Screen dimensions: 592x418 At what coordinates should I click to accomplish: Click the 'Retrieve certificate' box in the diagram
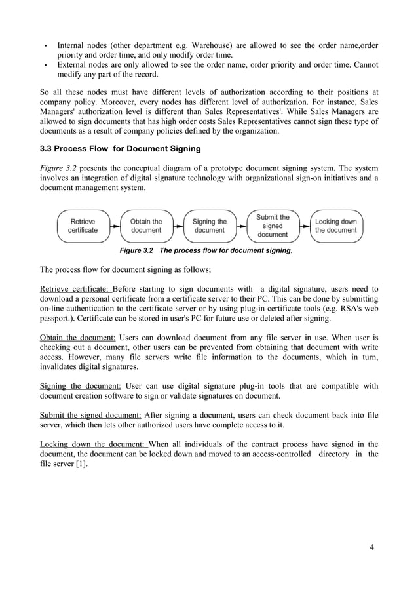coord(83,226)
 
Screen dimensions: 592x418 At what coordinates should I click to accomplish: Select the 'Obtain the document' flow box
coord(145,226)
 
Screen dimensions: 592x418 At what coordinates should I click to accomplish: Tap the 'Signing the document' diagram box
coord(209,226)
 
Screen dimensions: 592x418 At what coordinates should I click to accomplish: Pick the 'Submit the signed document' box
coord(273,226)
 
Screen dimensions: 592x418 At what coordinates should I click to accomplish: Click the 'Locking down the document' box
coord(336,226)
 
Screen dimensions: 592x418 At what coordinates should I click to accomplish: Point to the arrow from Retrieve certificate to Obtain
coord(114,226)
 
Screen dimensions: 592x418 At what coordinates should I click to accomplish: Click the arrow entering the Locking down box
coord(305,226)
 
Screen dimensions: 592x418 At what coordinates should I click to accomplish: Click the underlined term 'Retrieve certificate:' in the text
coord(76,289)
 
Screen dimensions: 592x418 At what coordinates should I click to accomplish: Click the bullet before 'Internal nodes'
coord(45,47)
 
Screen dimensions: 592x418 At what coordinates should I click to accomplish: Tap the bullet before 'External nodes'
coord(45,66)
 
